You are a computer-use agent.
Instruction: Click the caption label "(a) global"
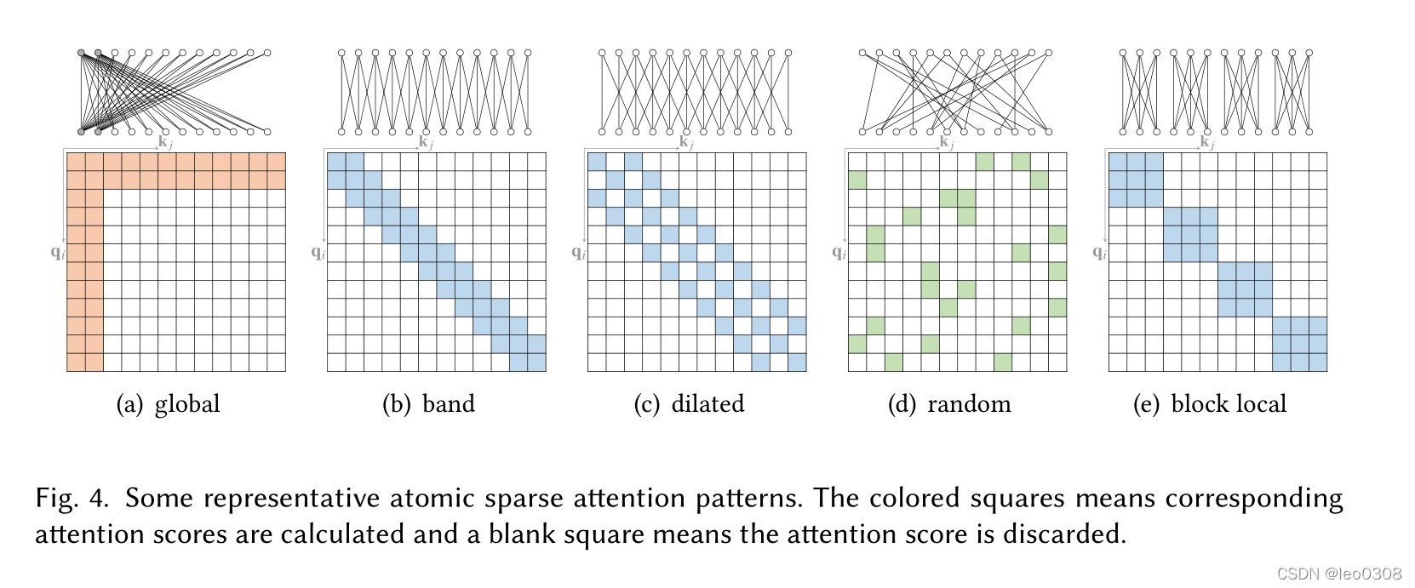(x=168, y=404)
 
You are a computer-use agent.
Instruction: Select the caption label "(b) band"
(x=428, y=404)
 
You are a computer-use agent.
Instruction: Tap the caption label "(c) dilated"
(x=689, y=404)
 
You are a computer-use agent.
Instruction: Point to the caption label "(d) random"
(x=949, y=404)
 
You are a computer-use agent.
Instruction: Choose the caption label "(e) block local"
(x=1209, y=404)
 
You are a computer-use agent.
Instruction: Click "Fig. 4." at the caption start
(x=72, y=498)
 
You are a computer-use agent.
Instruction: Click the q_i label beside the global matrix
(x=57, y=252)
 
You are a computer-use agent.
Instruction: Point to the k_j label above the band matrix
(x=426, y=142)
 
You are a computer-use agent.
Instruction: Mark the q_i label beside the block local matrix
(x=1099, y=252)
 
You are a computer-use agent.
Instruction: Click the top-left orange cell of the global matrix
(x=76, y=162)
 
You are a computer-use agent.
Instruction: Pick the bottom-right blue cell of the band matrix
(x=536, y=363)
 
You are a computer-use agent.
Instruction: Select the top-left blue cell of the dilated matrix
(x=597, y=162)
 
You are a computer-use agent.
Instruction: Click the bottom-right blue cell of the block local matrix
(x=1318, y=363)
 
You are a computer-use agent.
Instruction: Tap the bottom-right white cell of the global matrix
(x=276, y=363)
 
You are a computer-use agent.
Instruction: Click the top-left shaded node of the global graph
(x=82, y=54)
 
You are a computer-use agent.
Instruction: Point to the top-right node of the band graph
(x=528, y=54)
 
